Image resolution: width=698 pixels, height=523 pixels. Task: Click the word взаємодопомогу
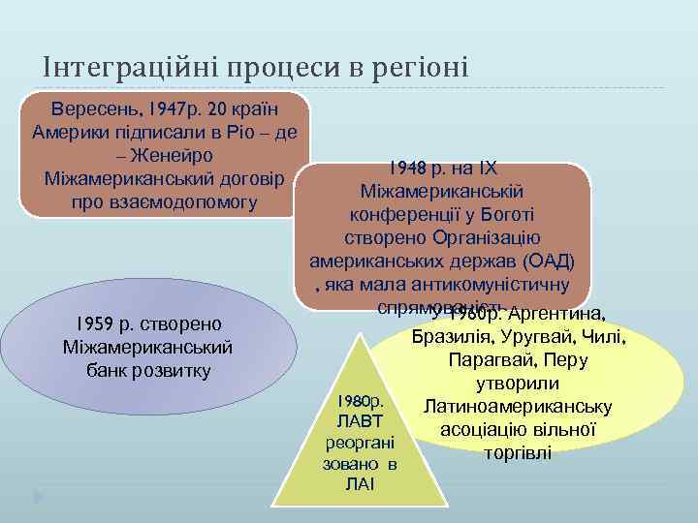[x=164, y=202]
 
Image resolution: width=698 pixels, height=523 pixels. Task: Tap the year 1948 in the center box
[x=407, y=168]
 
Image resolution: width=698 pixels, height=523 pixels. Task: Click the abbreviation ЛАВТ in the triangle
[x=359, y=421]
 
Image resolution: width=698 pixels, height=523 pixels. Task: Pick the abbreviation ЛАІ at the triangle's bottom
[x=359, y=483]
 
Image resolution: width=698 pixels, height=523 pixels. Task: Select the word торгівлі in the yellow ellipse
[x=519, y=451]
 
